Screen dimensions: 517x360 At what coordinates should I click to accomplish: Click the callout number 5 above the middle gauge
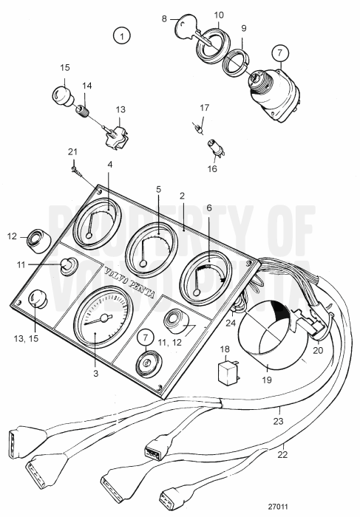(157, 189)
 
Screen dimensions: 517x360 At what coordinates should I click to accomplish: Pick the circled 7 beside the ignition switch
(279, 53)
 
